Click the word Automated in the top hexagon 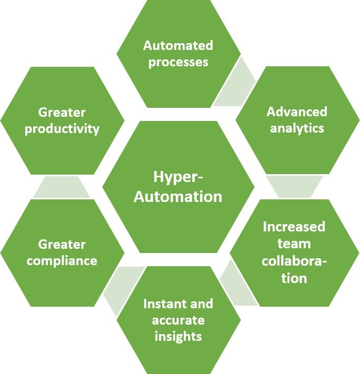pyautogui.click(x=178, y=45)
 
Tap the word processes pyautogui.click(x=178, y=62)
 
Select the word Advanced pyautogui.click(x=297, y=112)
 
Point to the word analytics pyautogui.click(x=297, y=128)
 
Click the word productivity pyautogui.click(x=62, y=129)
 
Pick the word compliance pyautogui.click(x=62, y=260)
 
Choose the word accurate pyautogui.click(x=178, y=320)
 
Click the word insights pyautogui.click(x=178, y=336)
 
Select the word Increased pyautogui.click(x=294, y=227)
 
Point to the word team pyautogui.click(x=294, y=244)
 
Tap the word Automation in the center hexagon pyautogui.click(x=178, y=197)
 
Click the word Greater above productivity pyautogui.click(x=62, y=113)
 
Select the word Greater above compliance pyautogui.click(x=62, y=244)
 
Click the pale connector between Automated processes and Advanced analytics pyautogui.click(x=235, y=84)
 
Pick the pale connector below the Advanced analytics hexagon pyautogui.click(x=295, y=186)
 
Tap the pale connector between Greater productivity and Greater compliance pyautogui.click(x=62, y=187)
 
